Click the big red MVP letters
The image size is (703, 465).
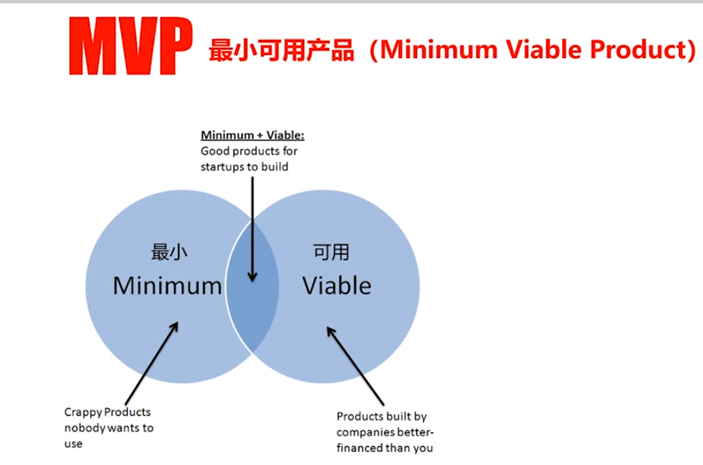[130, 46]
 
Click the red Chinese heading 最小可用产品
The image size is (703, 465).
[281, 50]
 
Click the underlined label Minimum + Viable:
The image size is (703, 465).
[253, 135]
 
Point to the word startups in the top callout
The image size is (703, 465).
[222, 167]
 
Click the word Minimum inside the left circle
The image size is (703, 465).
[167, 285]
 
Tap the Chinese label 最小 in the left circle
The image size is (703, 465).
[169, 252]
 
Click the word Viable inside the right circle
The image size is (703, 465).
[337, 285]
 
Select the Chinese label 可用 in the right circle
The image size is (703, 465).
[331, 252]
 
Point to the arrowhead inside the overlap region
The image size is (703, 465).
[253, 277]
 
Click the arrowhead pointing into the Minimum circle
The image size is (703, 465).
[174, 327]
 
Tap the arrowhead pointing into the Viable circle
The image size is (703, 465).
[331, 332]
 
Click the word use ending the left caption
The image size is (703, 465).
[73, 444]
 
